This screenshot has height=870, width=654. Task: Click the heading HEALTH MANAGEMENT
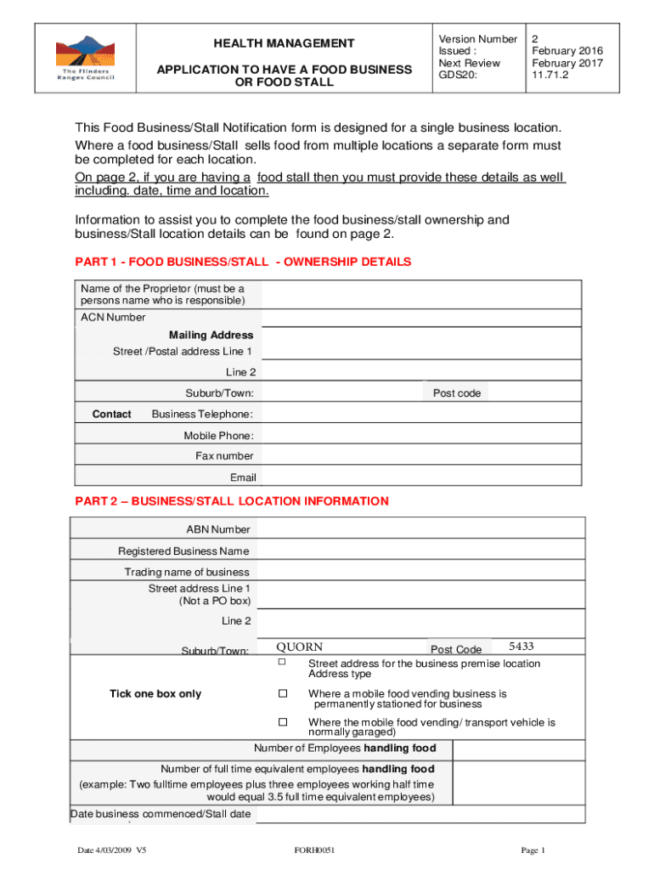tap(284, 43)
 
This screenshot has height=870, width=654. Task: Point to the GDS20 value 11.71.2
tap(551, 75)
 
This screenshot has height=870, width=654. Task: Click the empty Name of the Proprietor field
tap(421, 295)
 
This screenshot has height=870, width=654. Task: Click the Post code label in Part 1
tap(456, 393)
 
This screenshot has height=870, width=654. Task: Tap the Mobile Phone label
tap(218, 436)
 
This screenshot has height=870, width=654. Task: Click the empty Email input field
tap(421, 477)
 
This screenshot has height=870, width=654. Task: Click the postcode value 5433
tap(521, 646)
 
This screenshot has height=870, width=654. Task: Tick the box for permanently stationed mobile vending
tap(283, 694)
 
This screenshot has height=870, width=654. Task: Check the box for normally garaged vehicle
tap(283, 722)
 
